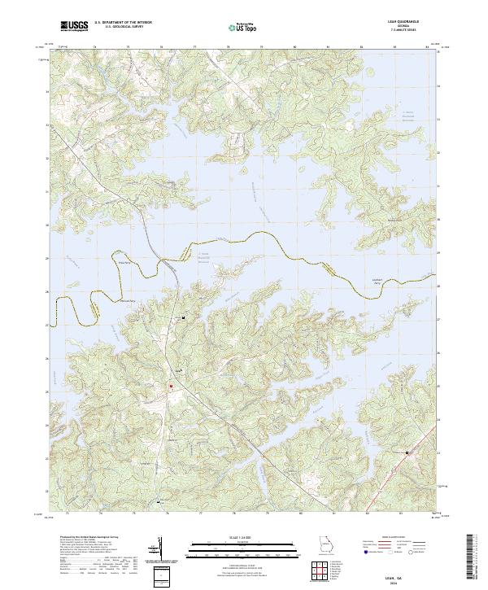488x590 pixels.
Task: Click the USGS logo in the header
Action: point(74,27)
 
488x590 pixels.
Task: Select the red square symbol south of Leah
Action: point(172,386)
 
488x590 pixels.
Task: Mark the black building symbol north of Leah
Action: point(184,317)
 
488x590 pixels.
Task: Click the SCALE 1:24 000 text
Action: point(243,537)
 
